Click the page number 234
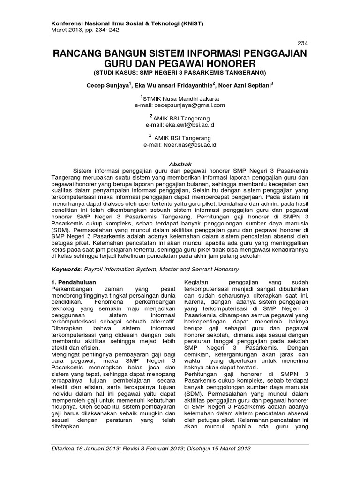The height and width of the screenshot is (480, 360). pos(303,43)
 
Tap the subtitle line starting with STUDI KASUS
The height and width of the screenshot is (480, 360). pos(180,73)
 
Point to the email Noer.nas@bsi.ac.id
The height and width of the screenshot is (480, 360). pos(189,145)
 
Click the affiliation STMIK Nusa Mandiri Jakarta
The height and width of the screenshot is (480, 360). pos(181,98)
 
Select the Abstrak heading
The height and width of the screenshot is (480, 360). pos(180,158)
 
